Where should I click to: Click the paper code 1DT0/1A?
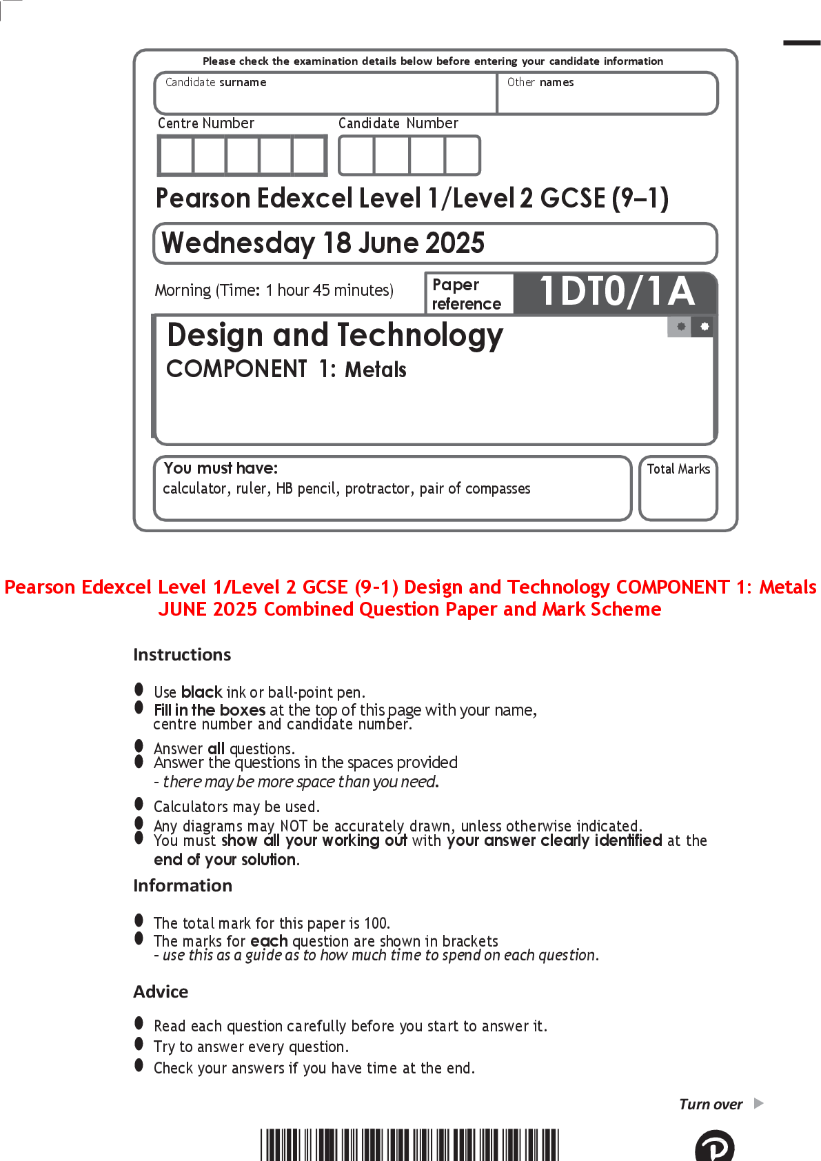pos(617,292)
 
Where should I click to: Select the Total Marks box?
pos(678,488)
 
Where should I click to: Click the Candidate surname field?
pos(325,93)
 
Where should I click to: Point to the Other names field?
pos(607,93)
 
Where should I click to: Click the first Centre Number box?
pos(176,156)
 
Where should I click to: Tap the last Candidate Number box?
pos(463,156)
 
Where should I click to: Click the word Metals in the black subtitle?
pos(376,370)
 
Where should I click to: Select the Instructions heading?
pos(182,655)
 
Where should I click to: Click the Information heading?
pos(183,885)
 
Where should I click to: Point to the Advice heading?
pos(161,991)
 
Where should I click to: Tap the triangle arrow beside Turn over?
pos(759,1103)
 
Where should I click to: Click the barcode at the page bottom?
pos(409,1144)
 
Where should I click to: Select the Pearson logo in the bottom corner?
pos(715,1147)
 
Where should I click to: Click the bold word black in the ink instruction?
pos(201,692)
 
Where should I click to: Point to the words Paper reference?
pos(467,294)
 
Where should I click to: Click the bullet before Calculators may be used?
pos(139,804)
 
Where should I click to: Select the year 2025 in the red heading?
pos(234,609)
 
